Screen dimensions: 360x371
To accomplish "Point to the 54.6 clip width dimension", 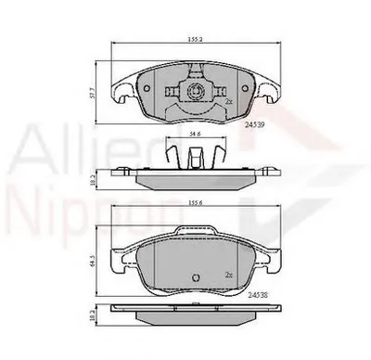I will pos(194,135).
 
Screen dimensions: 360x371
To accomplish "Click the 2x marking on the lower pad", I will pos(230,275).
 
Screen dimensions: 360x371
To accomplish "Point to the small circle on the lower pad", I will pos(195,280).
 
